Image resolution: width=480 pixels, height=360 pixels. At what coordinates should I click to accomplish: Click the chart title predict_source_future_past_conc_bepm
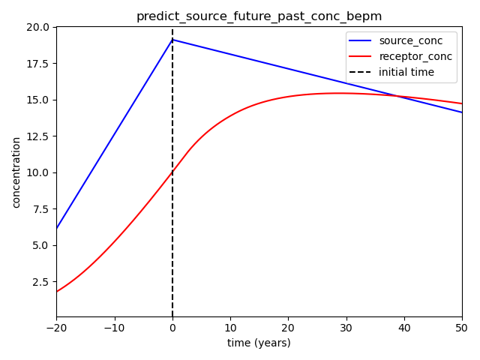pos(259,16)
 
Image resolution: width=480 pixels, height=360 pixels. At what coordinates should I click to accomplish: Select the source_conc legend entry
pos(395,40)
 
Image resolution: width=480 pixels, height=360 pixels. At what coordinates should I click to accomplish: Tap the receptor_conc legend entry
pos(400,56)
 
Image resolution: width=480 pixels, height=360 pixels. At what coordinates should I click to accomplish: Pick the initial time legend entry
pos(391,72)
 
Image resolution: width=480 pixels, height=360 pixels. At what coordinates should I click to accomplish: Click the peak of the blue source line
pos(172,40)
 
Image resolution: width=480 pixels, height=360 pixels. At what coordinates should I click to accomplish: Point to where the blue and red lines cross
pos(397,96)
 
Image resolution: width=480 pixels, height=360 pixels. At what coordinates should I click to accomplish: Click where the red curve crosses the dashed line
pos(172,172)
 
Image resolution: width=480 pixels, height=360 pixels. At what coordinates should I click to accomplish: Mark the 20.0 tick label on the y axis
pos(37,27)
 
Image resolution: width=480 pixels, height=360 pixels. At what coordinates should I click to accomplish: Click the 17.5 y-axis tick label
pos(37,64)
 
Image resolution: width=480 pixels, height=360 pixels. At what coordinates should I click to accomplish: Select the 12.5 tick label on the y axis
pos(37,136)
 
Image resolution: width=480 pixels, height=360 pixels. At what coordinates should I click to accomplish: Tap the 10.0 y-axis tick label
pos(37,172)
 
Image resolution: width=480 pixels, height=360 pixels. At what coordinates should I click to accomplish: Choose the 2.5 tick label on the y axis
pos(40,282)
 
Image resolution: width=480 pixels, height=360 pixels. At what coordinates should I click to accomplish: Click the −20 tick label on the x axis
pos(57,328)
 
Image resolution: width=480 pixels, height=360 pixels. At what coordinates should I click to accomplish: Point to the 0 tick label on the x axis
pos(172,328)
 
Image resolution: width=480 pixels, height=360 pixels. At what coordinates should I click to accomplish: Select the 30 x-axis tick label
pos(346,328)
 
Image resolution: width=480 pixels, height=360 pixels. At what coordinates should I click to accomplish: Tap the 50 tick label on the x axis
pos(462,328)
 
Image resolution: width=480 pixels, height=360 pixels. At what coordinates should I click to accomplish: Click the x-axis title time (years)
pos(259,343)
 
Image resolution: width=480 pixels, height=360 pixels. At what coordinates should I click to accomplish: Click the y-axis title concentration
pos(16,172)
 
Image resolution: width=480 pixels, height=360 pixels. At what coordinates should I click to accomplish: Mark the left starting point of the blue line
pos(57,228)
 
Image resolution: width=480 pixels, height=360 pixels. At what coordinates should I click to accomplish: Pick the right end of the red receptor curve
pos(462,103)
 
